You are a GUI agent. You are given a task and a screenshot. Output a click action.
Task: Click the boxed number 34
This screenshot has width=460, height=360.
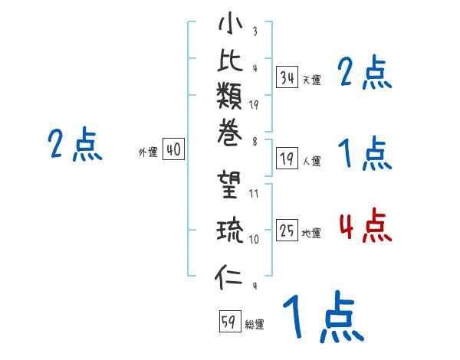pyautogui.click(x=287, y=77)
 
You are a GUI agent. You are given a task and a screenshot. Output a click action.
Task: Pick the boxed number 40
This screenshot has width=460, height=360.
pyautogui.click(x=173, y=150)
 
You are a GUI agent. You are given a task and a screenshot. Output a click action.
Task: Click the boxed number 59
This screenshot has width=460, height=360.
pyautogui.click(x=229, y=322)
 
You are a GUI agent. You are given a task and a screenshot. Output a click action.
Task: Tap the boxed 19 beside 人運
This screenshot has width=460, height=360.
pyautogui.click(x=287, y=159)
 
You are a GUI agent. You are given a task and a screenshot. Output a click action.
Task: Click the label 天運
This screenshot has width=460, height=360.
pyautogui.click(x=312, y=79)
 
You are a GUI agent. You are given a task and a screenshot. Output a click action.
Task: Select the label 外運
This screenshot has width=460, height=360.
pyautogui.click(x=148, y=152)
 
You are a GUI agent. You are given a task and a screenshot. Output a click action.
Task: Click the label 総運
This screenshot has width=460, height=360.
pyautogui.click(x=255, y=324)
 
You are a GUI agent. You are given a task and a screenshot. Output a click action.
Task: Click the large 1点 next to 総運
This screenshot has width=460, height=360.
pyautogui.click(x=322, y=317)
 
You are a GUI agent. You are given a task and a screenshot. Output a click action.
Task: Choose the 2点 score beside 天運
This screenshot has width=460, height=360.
pyautogui.click(x=365, y=73)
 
